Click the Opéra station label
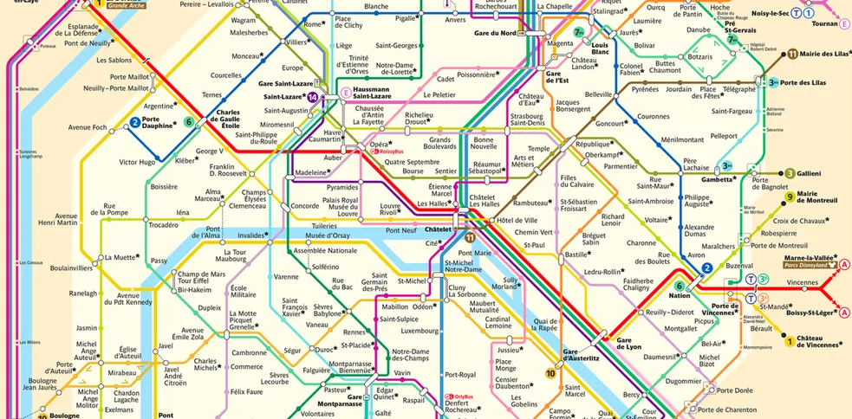[379, 144]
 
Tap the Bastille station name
[576, 255]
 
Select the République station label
[593, 144]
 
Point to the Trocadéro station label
[163, 225]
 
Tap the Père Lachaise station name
[696, 165]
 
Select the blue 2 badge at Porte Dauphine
[135, 123]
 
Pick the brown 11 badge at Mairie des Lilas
[792, 54]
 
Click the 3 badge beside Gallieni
[790, 173]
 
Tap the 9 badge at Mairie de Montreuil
[790, 197]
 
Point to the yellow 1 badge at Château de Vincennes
[790, 341]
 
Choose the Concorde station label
[304, 206]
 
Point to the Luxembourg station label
[419, 330]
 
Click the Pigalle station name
[406, 17]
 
